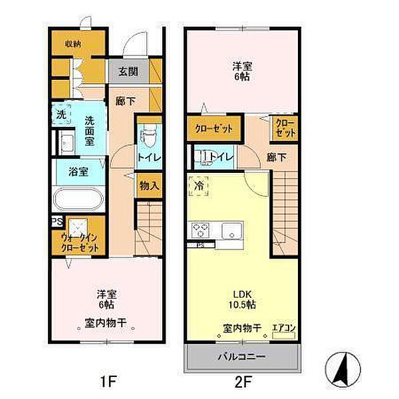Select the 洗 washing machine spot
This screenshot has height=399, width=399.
61,115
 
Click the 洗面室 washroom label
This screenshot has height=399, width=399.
93,126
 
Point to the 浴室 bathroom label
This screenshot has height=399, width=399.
79,172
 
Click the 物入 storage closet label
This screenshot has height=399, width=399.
149,186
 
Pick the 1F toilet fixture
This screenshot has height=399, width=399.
149,138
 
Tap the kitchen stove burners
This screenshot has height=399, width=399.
201,231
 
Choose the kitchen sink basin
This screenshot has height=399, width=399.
231,232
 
